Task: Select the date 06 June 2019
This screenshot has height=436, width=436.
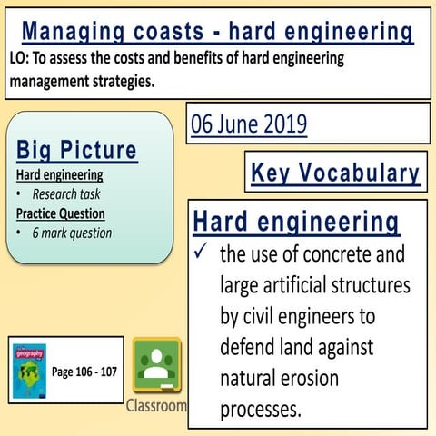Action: [x=249, y=124]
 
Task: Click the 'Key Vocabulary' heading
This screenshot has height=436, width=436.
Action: [x=335, y=173]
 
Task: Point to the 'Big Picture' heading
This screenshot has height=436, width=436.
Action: [x=76, y=150]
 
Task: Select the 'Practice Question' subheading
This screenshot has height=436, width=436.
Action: [x=60, y=213]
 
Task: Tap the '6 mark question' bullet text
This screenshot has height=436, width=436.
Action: [x=72, y=233]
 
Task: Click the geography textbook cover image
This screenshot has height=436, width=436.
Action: [x=28, y=372]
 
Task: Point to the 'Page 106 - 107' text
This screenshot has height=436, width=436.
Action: [x=84, y=372]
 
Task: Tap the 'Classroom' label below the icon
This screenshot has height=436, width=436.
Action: [x=156, y=405]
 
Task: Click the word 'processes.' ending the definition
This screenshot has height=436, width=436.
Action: [x=261, y=409]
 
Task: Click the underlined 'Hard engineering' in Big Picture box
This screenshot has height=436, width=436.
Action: [x=59, y=174]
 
